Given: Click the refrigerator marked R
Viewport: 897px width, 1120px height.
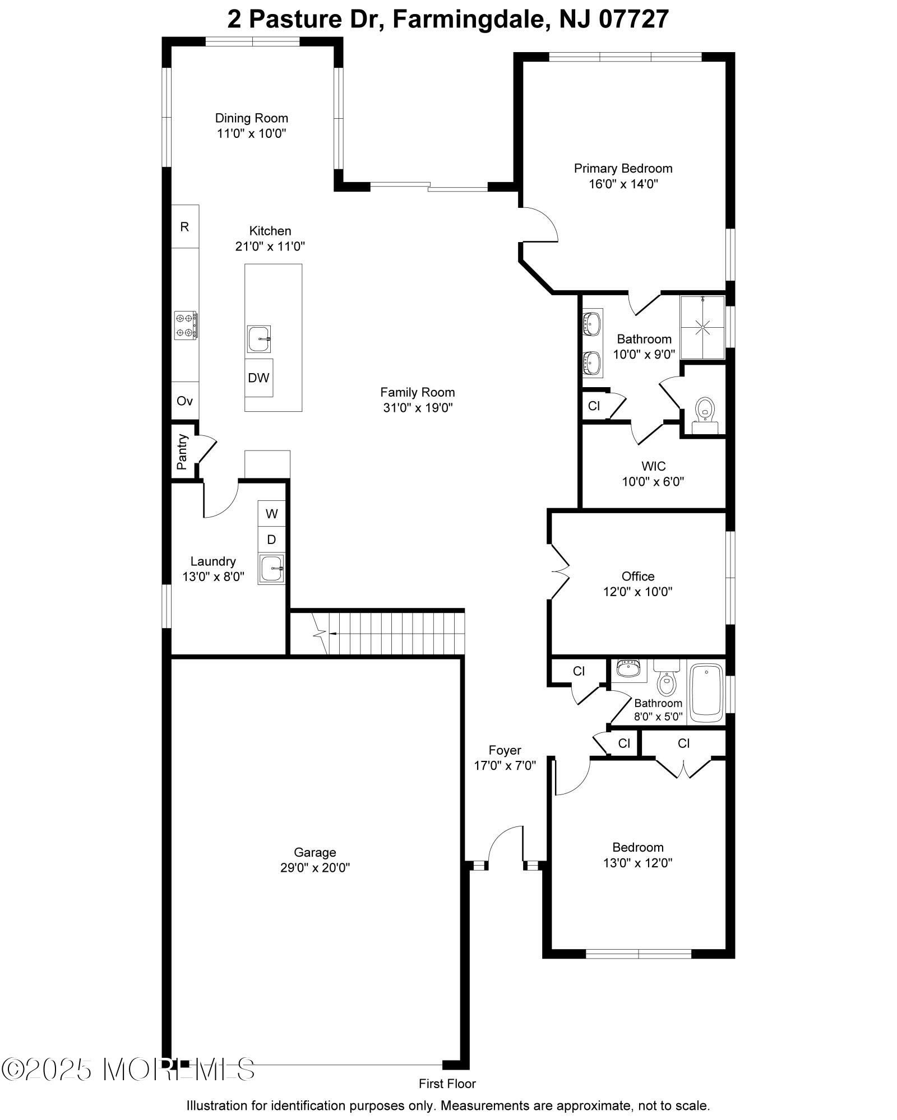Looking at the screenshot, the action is (x=185, y=226).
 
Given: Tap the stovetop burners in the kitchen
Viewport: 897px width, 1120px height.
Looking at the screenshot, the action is (x=185, y=325).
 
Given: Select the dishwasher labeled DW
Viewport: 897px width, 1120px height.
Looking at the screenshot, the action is (x=259, y=378).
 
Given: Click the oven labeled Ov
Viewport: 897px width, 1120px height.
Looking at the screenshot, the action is (x=185, y=401).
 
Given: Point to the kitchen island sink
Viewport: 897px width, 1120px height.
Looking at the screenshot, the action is (x=259, y=338).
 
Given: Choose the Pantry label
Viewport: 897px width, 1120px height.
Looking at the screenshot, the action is (x=182, y=452).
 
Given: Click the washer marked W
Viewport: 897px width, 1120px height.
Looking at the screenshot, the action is (x=271, y=513).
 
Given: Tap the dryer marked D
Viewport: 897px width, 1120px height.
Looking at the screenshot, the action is (x=271, y=540).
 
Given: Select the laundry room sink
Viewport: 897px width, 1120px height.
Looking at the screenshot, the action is (x=272, y=569).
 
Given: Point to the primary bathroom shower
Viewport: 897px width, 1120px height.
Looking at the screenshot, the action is (x=702, y=328).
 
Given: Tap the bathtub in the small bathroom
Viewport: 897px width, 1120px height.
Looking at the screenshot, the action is (x=706, y=693).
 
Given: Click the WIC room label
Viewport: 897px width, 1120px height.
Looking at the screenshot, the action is (x=653, y=466).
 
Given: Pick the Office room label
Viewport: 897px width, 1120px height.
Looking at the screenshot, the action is (x=638, y=576).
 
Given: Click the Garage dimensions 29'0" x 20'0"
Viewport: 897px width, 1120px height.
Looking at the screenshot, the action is (x=315, y=868).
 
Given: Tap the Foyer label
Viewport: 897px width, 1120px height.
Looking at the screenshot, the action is (x=505, y=750).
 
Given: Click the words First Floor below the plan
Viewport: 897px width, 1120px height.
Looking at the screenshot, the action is (x=447, y=1084).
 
